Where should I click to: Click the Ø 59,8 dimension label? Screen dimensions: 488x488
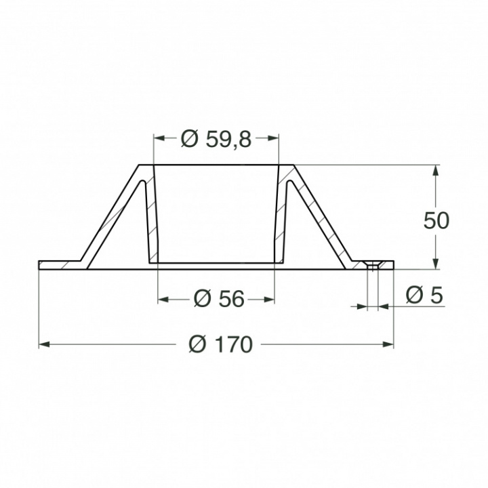[216, 139]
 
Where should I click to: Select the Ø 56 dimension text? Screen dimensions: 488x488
[218, 299]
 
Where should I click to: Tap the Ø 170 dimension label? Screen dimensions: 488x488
[220, 345]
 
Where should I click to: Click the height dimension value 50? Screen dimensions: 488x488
[436, 221]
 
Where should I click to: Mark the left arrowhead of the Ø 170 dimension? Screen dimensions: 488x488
[45, 345]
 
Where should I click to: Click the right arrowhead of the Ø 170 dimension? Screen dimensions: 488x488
[388, 345]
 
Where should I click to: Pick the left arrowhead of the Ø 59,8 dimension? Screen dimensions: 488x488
[160, 138]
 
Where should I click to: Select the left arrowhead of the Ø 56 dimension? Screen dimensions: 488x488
[163, 299]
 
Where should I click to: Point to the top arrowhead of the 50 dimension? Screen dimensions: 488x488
[436, 171]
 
